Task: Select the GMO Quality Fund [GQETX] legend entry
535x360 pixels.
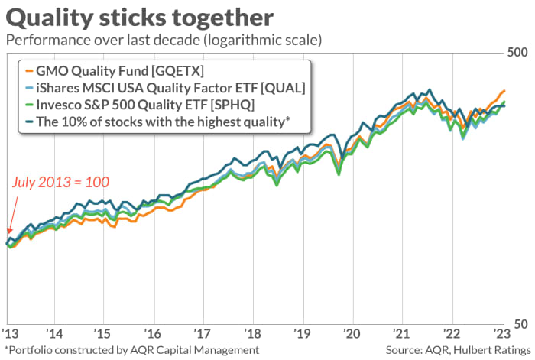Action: (x=122, y=70)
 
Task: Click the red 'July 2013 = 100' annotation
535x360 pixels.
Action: (x=61, y=182)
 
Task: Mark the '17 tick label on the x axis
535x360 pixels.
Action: (x=203, y=334)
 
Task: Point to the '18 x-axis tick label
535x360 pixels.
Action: (x=252, y=334)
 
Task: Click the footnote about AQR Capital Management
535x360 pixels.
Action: (x=131, y=349)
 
